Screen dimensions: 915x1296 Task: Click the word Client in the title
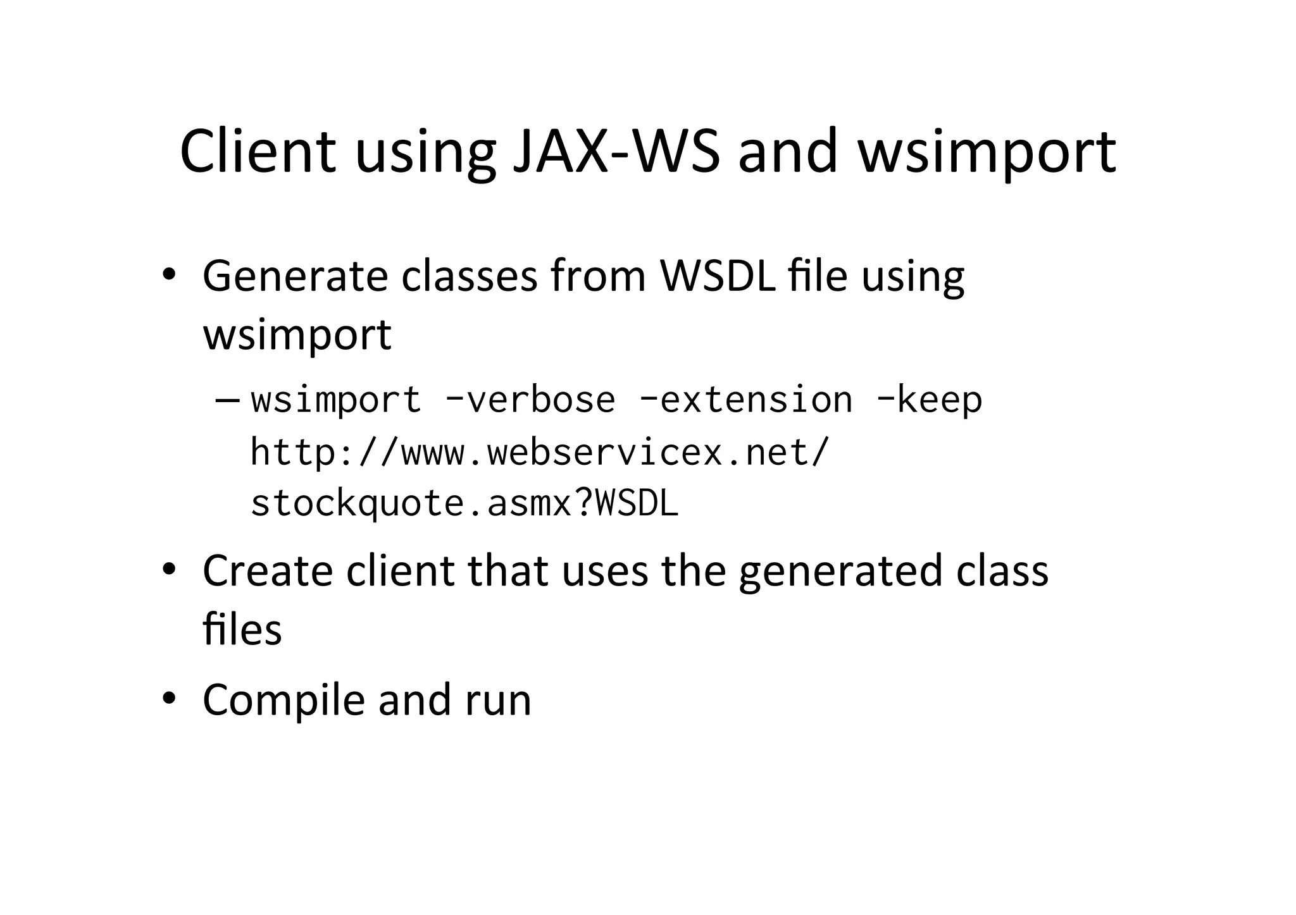click(x=258, y=152)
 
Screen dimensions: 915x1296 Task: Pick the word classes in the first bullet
click(x=469, y=277)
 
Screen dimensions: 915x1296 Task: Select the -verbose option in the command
click(x=530, y=400)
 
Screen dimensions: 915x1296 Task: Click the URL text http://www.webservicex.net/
click(x=539, y=453)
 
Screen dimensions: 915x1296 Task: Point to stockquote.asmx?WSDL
click(x=464, y=504)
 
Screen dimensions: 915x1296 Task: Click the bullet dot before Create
click(x=168, y=569)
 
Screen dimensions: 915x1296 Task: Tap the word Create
click(x=268, y=570)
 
